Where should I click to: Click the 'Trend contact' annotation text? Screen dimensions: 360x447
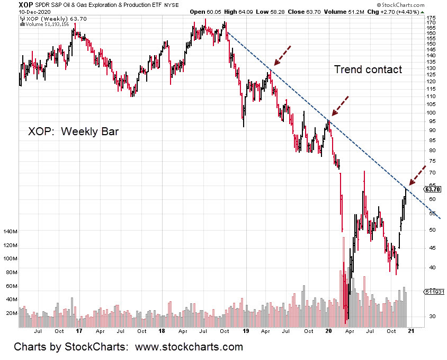pos(368,69)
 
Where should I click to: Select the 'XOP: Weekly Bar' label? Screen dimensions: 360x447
pos(73,131)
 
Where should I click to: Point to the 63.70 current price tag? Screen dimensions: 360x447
pos(432,189)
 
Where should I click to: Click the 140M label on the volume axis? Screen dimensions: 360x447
pos(11,232)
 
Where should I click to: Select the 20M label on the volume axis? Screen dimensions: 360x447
pos(12,313)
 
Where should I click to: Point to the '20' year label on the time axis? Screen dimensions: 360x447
pos(328,331)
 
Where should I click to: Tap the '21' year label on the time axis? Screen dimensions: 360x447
pos(411,331)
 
